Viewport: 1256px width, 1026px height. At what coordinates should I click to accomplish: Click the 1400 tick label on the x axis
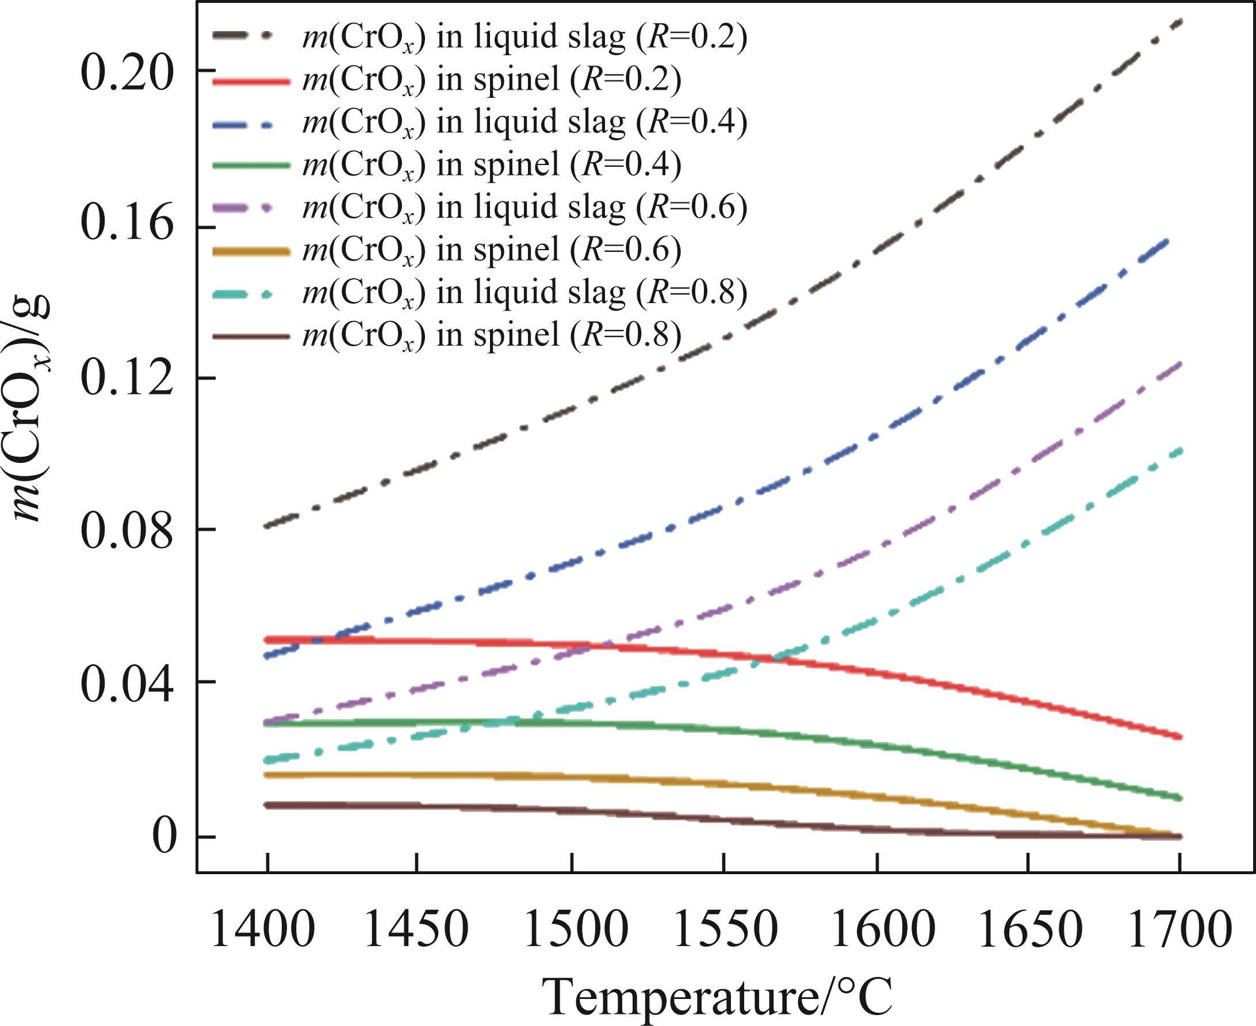pos(262,929)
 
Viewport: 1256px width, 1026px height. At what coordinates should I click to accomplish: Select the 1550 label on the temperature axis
pos(725,929)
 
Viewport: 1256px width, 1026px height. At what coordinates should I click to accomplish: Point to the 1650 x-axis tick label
pos(1029,929)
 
